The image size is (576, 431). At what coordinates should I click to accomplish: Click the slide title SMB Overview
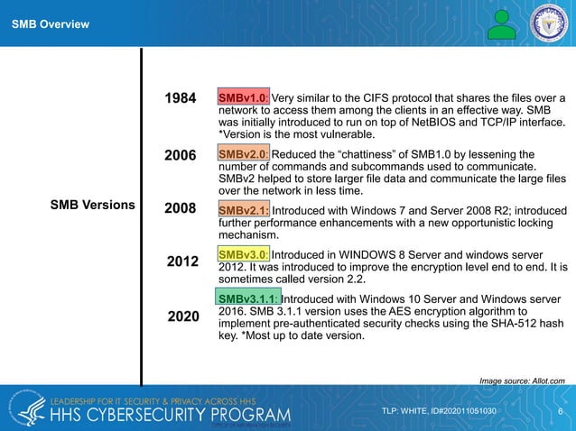50,23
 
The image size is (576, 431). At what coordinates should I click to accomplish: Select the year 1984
181,98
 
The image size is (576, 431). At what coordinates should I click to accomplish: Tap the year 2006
181,155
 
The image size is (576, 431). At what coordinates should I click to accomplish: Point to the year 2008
181,210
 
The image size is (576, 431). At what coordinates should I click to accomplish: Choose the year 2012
182,262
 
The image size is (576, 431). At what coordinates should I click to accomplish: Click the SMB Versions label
92,205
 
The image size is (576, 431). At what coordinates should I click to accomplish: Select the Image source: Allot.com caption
523,381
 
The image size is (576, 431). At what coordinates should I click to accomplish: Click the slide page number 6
561,411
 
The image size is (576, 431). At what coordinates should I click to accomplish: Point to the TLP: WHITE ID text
439,411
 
